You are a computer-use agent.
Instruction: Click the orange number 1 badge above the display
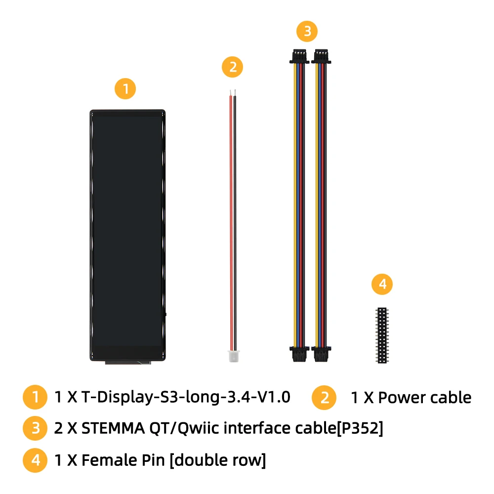[125, 89]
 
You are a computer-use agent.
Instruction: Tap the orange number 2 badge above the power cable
[232, 67]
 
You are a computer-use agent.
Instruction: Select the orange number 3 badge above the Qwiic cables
[307, 31]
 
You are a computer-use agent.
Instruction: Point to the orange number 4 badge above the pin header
[382, 284]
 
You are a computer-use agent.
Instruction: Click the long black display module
[127, 236]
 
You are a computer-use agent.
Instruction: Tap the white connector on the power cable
[234, 356]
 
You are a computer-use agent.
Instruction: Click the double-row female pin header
[382, 335]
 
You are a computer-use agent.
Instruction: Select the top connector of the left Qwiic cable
[299, 56]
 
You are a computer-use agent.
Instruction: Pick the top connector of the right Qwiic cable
[321, 56]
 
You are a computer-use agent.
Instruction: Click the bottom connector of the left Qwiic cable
[299, 354]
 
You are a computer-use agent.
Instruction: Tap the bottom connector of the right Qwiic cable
[321, 354]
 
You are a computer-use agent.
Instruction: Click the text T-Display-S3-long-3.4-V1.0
[186, 397]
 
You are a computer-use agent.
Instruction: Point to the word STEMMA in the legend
[113, 428]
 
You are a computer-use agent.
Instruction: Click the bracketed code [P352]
[360, 428]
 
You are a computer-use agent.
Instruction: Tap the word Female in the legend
[109, 460]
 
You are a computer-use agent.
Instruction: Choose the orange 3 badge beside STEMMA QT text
[35, 428]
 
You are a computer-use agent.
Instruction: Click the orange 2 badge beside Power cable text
[324, 398]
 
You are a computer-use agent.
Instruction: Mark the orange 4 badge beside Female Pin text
[35, 460]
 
